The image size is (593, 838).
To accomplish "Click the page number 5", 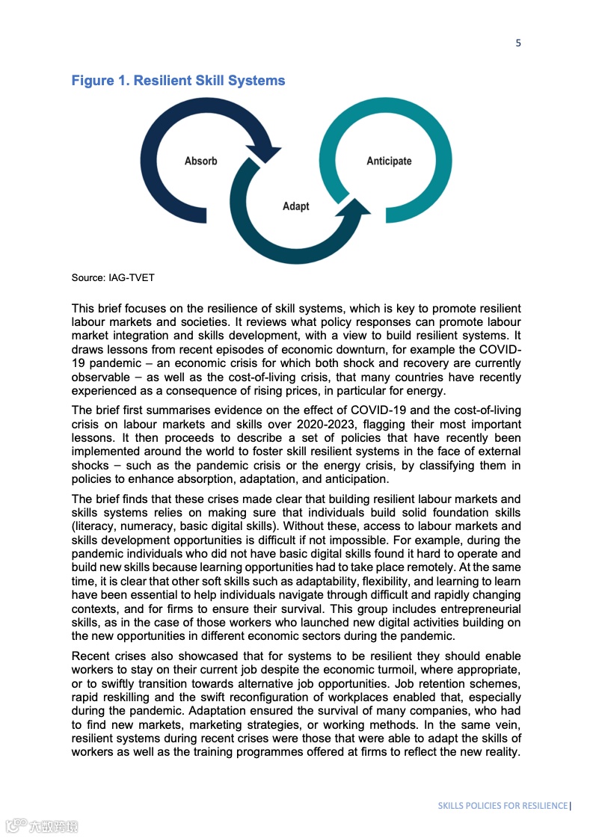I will pos(518,43).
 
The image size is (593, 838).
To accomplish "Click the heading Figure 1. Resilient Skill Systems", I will pos(178,80).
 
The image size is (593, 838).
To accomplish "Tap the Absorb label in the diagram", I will pos(200,161).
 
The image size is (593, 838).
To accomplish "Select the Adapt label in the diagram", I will pos(295,206).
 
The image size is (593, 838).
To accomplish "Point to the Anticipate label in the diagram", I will pos(389,161).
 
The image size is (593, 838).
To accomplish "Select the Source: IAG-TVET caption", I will pos(113,278).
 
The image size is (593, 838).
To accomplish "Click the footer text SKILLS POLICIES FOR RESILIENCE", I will pos(503,805).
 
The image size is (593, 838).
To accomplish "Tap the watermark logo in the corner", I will pos(42,826).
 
